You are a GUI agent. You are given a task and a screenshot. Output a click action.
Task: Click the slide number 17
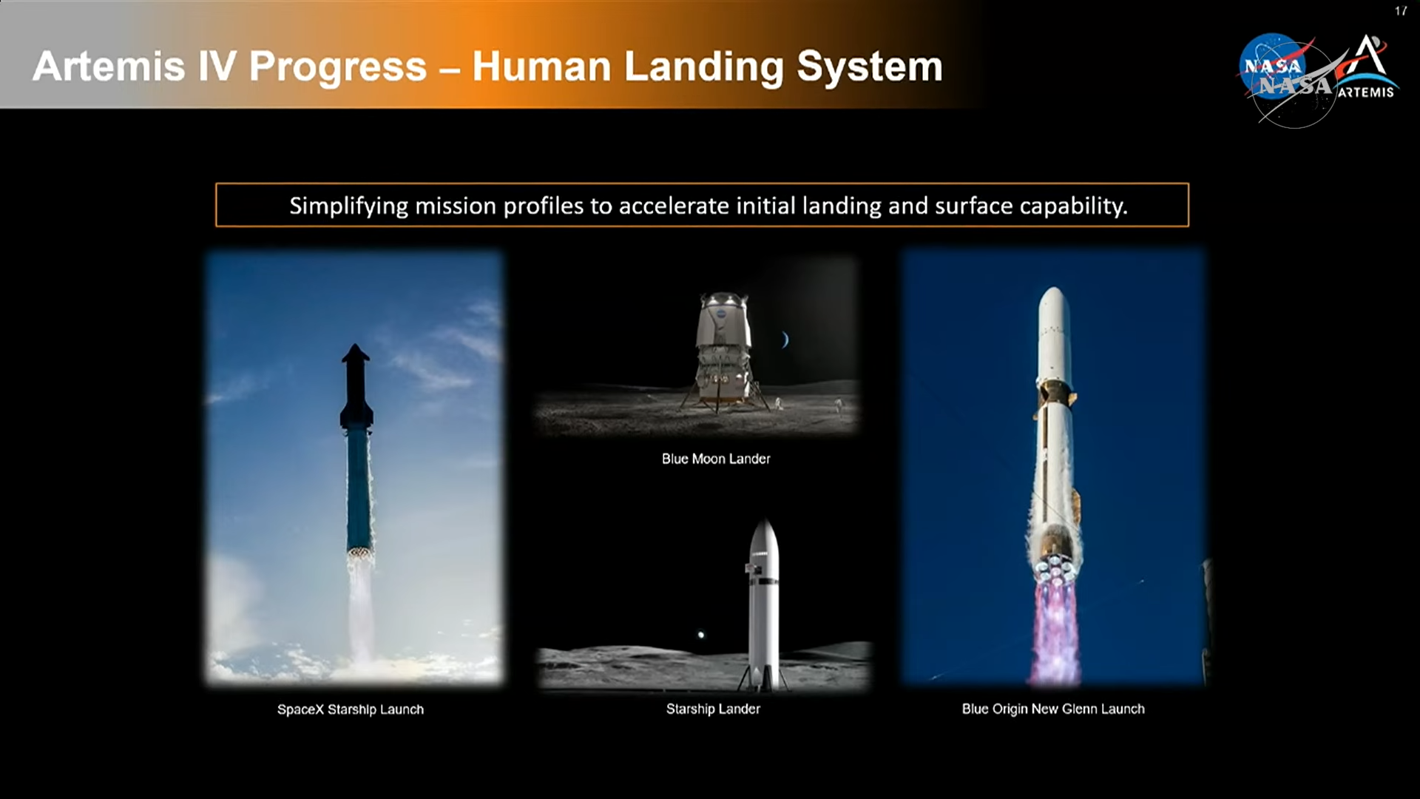coord(1401,11)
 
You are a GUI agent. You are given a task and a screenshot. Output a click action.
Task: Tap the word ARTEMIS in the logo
coord(1366,92)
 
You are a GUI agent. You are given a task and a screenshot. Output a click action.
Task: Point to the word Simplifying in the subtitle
coord(348,206)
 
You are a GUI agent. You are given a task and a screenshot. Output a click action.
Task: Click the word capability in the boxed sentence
coord(1070,206)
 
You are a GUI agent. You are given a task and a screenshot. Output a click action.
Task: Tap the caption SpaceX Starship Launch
coord(351,709)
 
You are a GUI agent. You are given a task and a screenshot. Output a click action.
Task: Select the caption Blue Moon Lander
coord(716,459)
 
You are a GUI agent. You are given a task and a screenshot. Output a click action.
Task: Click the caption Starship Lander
coord(713,709)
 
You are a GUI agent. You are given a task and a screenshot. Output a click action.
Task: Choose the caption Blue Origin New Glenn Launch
coord(1053,709)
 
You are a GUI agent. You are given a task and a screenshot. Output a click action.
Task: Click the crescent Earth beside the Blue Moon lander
coord(785,340)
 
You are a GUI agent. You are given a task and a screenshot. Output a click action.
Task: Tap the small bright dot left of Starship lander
coord(701,634)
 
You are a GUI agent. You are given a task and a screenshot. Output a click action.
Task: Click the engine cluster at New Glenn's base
coord(1053,567)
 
